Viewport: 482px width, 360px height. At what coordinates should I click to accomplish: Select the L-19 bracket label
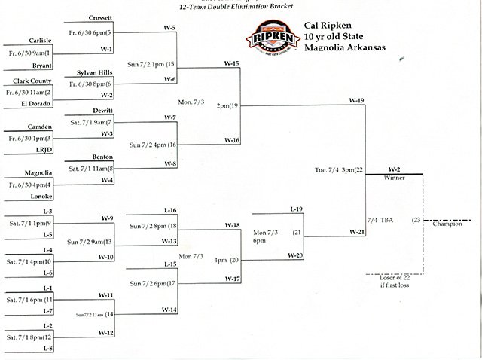[x=297, y=208]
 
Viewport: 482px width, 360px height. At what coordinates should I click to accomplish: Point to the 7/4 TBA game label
[x=381, y=220]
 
